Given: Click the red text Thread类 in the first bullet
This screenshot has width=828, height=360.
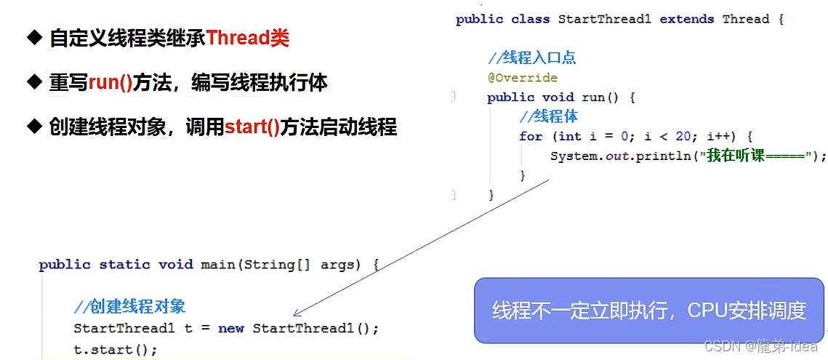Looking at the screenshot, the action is point(247,38).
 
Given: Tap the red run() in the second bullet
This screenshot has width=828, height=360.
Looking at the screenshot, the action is point(110,83).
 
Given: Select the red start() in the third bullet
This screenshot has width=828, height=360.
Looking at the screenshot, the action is point(252,127).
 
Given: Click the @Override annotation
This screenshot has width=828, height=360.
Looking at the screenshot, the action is point(523,78).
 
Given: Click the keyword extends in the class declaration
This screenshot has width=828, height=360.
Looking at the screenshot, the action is point(686,19).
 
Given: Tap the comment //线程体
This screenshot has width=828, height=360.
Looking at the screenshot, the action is point(549,116).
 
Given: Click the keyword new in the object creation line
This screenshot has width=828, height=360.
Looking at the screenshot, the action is point(230,328).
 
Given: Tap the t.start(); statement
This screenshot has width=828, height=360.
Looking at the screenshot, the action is point(115,348).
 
